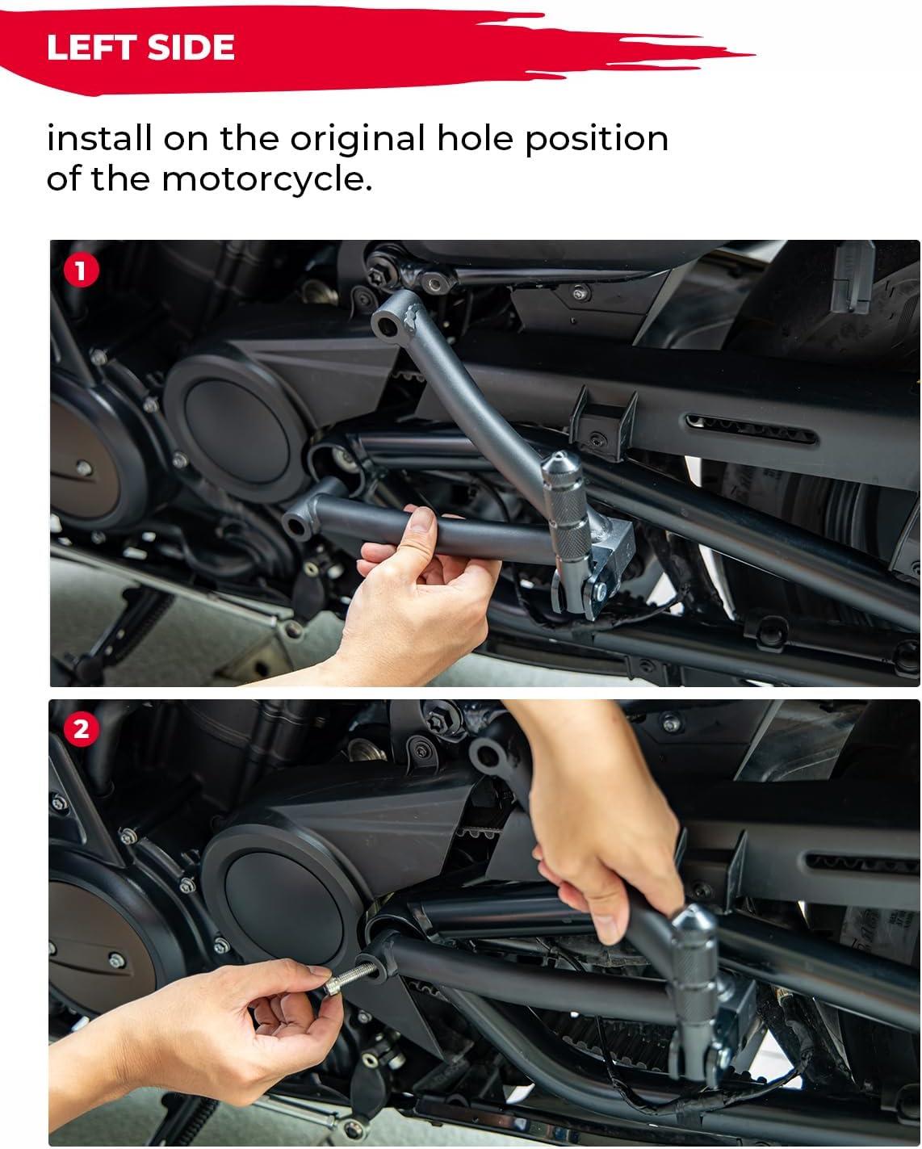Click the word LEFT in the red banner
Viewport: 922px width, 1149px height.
91,47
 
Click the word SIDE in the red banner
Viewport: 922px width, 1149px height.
191,47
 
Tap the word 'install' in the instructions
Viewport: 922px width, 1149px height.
99,138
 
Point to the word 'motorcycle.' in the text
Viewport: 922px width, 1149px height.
266,179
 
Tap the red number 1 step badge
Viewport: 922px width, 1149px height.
82,270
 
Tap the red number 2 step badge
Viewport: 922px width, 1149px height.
82,729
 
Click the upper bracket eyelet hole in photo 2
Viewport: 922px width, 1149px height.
487,754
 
